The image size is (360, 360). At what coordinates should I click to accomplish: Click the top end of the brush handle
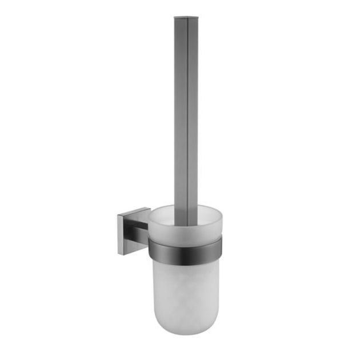tap(185, 18)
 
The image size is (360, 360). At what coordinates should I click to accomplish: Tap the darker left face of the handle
tap(179, 114)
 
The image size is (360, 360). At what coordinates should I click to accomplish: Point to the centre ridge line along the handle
tap(186, 114)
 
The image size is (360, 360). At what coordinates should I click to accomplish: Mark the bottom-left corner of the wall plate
tap(118, 243)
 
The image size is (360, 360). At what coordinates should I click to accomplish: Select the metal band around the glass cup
tap(186, 247)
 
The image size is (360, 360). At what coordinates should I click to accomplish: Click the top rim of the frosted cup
tap(186, 207)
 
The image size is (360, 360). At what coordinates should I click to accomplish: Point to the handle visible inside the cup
tap(186, 220)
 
